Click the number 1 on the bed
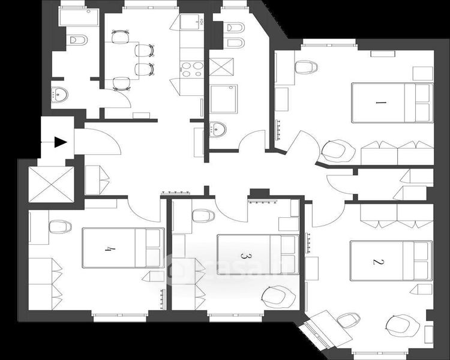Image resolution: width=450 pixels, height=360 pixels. pos(379,103)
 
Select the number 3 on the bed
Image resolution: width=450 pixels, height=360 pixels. pos(244,255)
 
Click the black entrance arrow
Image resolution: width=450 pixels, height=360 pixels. pos(59,142)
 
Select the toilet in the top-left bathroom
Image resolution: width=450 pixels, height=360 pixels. pos(77,40)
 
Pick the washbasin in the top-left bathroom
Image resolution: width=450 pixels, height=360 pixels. pos(60,94)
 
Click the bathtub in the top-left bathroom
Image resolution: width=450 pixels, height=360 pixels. pos(80,17)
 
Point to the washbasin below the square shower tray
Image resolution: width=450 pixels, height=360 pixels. pos(220,128)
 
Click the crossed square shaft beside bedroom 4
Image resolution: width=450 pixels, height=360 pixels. pos(52,184)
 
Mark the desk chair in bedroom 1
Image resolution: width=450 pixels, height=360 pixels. pos(307,66)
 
